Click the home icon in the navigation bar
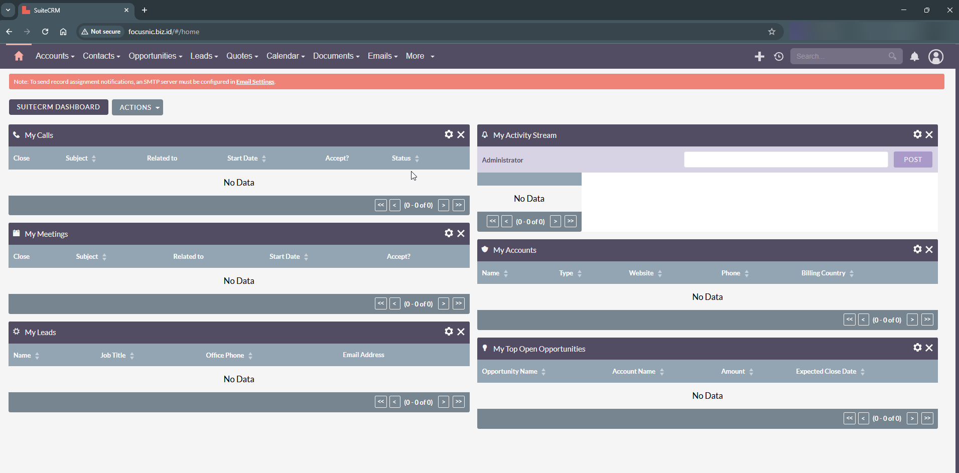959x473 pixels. (19, 56)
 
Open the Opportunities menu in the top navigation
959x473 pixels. (155, 56)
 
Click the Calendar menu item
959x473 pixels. (285, 56)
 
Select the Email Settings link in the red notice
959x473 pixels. (255, 82)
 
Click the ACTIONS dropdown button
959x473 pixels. (138, 107)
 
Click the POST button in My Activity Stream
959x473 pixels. (912, 160)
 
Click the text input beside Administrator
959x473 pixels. (785, 160)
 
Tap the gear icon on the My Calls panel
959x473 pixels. (449, 134)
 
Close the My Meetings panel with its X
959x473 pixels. (461, 233)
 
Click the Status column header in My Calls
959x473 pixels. (401, 159)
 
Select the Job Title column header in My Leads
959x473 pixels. (113, 356)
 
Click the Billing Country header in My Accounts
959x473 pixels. (823, 273)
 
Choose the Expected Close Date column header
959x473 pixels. (826, 372)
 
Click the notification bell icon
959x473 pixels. (914, 57)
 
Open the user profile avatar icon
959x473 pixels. (935, 57)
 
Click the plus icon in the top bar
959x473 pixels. (759, 57)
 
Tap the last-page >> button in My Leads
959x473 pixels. (458, 402)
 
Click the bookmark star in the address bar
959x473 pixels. (771, 32)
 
